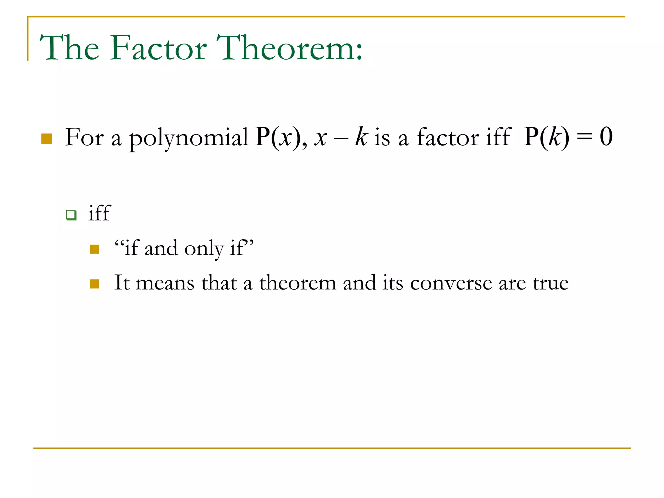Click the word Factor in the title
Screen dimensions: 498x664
coord(158,48)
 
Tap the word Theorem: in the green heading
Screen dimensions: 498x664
coord(289,48)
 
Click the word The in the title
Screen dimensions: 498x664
coord(69,48)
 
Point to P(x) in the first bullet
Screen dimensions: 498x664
coord(278,137)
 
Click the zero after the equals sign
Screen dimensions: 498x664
coord(606,137)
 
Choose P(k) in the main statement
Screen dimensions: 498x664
coord(546,137)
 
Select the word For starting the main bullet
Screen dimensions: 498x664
coord(84,137)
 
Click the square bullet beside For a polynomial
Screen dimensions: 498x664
coord(47,138)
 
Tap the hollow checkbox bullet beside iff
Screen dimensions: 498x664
coord(71,215)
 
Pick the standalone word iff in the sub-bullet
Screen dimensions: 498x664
coord(100,213)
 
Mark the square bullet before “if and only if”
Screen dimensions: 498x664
coord(94,249)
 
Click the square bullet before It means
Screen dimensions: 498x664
coord(94,284)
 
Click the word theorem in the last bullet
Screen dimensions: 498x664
coord(297,283)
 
